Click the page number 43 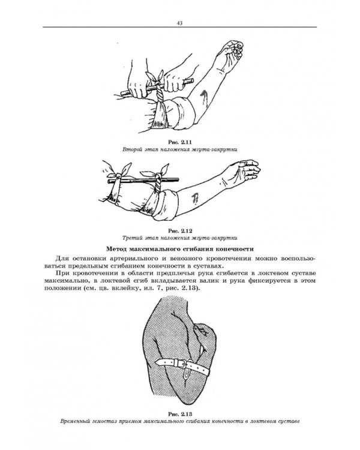[179, 23]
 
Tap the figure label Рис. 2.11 [180, 141]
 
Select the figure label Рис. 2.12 [180, 230]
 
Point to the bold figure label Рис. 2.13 [180, 413]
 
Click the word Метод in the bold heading [119, 248]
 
